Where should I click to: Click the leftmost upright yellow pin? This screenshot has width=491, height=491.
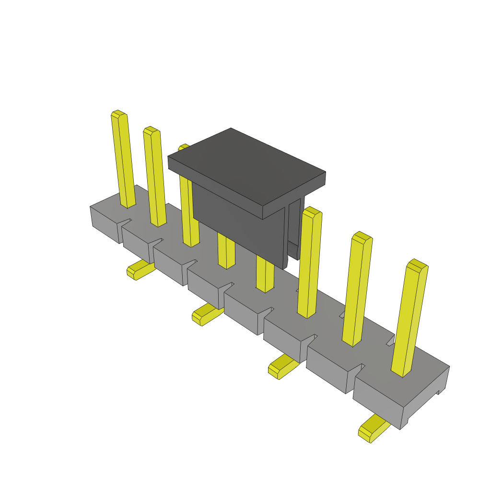pyautogui.click(x=123, y=161)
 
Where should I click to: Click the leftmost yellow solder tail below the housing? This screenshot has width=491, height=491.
pyautogui.click(x=139, y=270)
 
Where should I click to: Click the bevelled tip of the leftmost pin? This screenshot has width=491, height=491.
pyautogui.click(x=118, y=114)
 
